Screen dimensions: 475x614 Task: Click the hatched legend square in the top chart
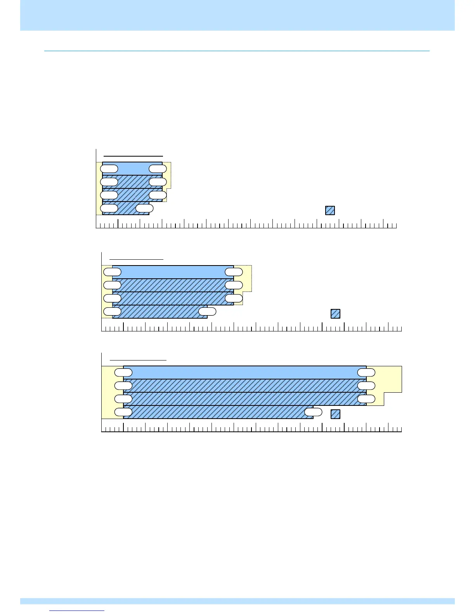[x=330, y=210]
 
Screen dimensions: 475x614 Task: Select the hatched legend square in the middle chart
[x=335, y=314]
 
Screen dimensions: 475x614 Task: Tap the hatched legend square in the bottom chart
[x=335, y=414]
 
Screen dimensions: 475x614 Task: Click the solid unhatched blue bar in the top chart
[x=132, y=169]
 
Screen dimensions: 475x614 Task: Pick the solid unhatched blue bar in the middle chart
[x=173, y=272]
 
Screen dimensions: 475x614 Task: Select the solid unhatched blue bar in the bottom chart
[x=244, y=373]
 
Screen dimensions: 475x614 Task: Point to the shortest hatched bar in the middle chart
[x=159, y=312]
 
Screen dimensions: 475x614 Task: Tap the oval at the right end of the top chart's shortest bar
[x=145, y=208]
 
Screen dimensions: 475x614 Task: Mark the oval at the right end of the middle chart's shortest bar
[x=207, y=311]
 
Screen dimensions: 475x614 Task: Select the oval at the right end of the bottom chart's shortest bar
[x=313, y=412]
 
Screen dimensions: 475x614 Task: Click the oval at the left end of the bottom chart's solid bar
[x=123, y=373]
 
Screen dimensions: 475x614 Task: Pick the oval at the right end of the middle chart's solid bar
[x=234, y=272]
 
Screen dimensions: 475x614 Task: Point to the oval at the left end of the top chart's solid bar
[x=109, y=169]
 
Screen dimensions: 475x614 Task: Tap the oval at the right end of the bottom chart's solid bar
[x=366, y=373]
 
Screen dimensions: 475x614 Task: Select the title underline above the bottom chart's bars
[x=138, y=360]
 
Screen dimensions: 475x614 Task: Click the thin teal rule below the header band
[x=237, y=51]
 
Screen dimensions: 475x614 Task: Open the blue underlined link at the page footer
[x=77, y=611]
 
